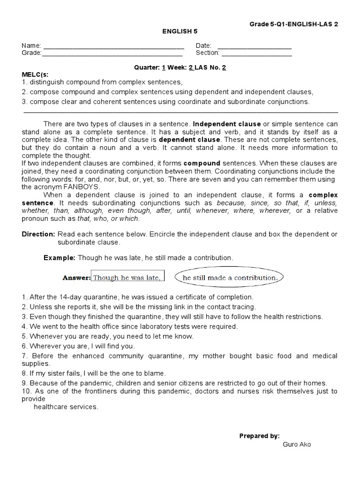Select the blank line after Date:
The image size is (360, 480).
tap(255, 46)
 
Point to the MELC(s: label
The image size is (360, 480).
tap(35, 75)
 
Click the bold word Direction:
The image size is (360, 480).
tap(38, 234)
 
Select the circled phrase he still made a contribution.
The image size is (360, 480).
tap(230, 277)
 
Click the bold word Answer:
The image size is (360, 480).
tap(76, 277)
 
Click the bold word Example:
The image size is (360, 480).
tap(59, 258)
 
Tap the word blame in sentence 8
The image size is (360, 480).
tap(156, 373)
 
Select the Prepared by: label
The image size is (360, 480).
tap(259, 436)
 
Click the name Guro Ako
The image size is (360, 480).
tap(297, 444)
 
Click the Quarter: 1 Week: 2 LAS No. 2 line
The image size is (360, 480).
tap(180, 67)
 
